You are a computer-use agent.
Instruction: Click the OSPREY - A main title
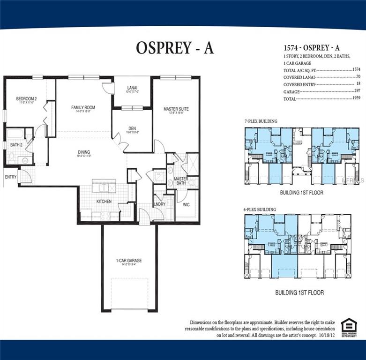[x=175, y=47]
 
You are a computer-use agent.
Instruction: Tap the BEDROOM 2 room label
[x=26, y=99]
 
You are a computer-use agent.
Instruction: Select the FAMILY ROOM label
[x=83, y=108]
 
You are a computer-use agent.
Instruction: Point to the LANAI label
[x=132, y=87]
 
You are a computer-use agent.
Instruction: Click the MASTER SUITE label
[x=176, y=109]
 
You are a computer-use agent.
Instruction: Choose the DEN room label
[x=132, y=128]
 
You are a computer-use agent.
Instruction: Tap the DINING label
[x=84, y=152]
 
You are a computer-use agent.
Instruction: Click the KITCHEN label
[x=104, y=201]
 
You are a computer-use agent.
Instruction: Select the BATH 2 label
[x=16, y=145]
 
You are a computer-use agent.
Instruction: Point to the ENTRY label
[x=10, y=177]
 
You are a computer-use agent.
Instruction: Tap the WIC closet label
[x=186, y=204]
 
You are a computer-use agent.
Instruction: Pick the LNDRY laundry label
[x=159, y=204]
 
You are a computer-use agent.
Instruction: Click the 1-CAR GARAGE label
[x=129, y=261]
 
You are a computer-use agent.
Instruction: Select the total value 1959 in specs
[x=358, y=99]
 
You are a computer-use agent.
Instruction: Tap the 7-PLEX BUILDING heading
[x=261, y=121]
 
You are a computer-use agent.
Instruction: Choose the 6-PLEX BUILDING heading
[x=261, y=209]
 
